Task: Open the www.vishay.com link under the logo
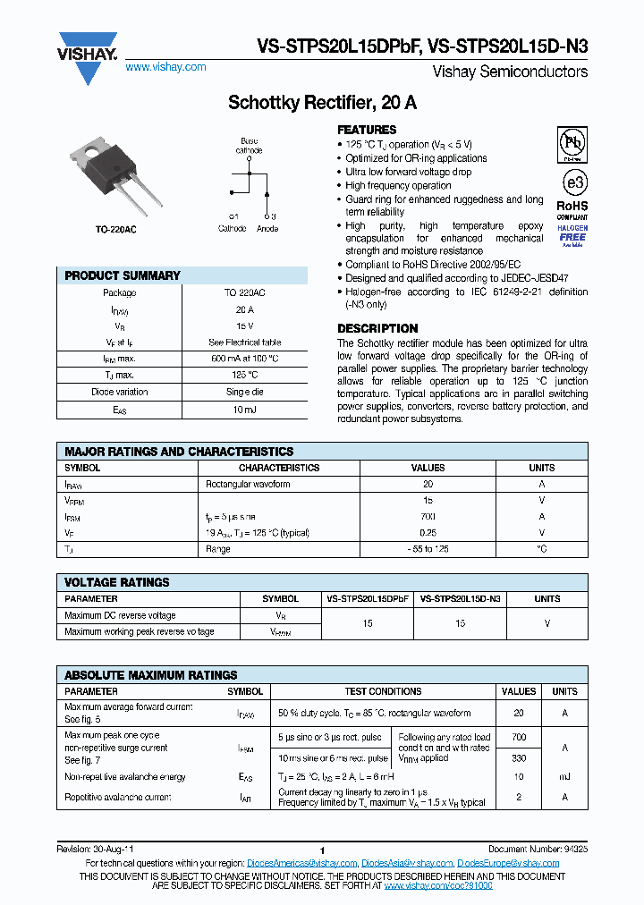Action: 165,67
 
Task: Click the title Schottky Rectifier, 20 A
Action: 321,103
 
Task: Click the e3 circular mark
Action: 573,182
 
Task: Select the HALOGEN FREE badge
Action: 572,234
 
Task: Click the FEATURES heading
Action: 367,130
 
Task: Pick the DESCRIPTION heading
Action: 377,328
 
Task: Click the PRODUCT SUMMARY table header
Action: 123,275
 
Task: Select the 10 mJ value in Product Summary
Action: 244,409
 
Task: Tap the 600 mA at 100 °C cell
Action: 244,359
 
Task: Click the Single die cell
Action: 244,392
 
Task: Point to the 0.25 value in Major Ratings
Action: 428,533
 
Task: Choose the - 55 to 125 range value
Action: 428,549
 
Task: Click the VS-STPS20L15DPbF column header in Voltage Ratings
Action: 368,599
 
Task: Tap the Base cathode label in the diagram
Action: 249,146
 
